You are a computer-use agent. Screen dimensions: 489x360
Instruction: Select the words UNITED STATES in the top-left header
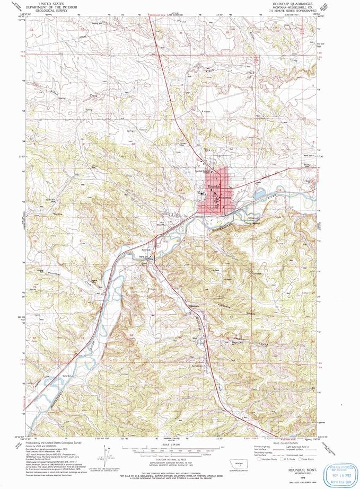coord(52,3)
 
